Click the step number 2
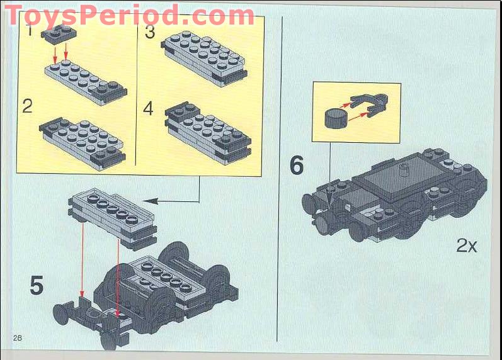pyautogui.click(x=27, y=105)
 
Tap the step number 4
pyautogui.click(x=148, y=108)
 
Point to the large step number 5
pyautogui.click(x=37, y=285)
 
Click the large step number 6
pyautogui.click(x=296, y=166)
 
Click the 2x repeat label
pyautogui.click(x=467, y=245)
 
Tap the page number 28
pyautogui.click(x=17, y=338)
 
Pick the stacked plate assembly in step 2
pyautogui.click(x=81, y=137)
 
